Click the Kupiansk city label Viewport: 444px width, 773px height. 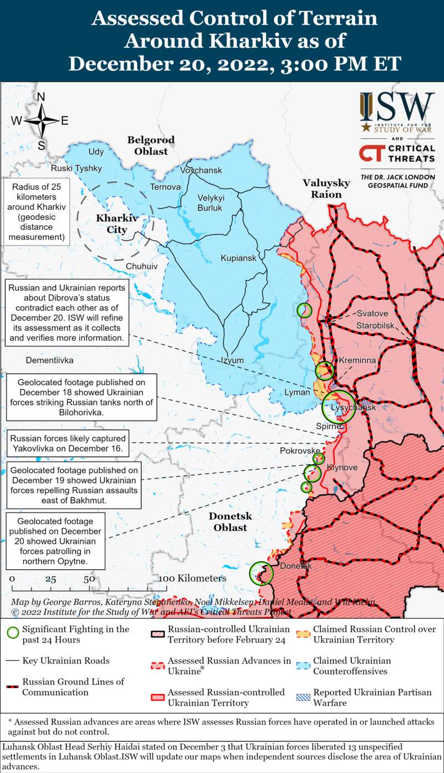[238, 258]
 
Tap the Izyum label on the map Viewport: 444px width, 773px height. [232, 360]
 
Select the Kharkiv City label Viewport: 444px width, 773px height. [112, 224]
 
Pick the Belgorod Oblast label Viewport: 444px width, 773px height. [150, 145]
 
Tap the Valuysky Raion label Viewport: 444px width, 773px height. [326, 189]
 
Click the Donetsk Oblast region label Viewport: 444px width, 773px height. [230, 522]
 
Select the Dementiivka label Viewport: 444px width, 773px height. [49, 360]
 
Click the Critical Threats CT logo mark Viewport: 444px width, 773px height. [371, 153]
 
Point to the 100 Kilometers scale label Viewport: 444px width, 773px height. [192, 579]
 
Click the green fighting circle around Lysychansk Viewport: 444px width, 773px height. [339, 406]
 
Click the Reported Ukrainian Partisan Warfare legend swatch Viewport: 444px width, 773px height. [302, 692]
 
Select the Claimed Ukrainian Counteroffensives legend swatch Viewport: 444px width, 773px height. [302, 661]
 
